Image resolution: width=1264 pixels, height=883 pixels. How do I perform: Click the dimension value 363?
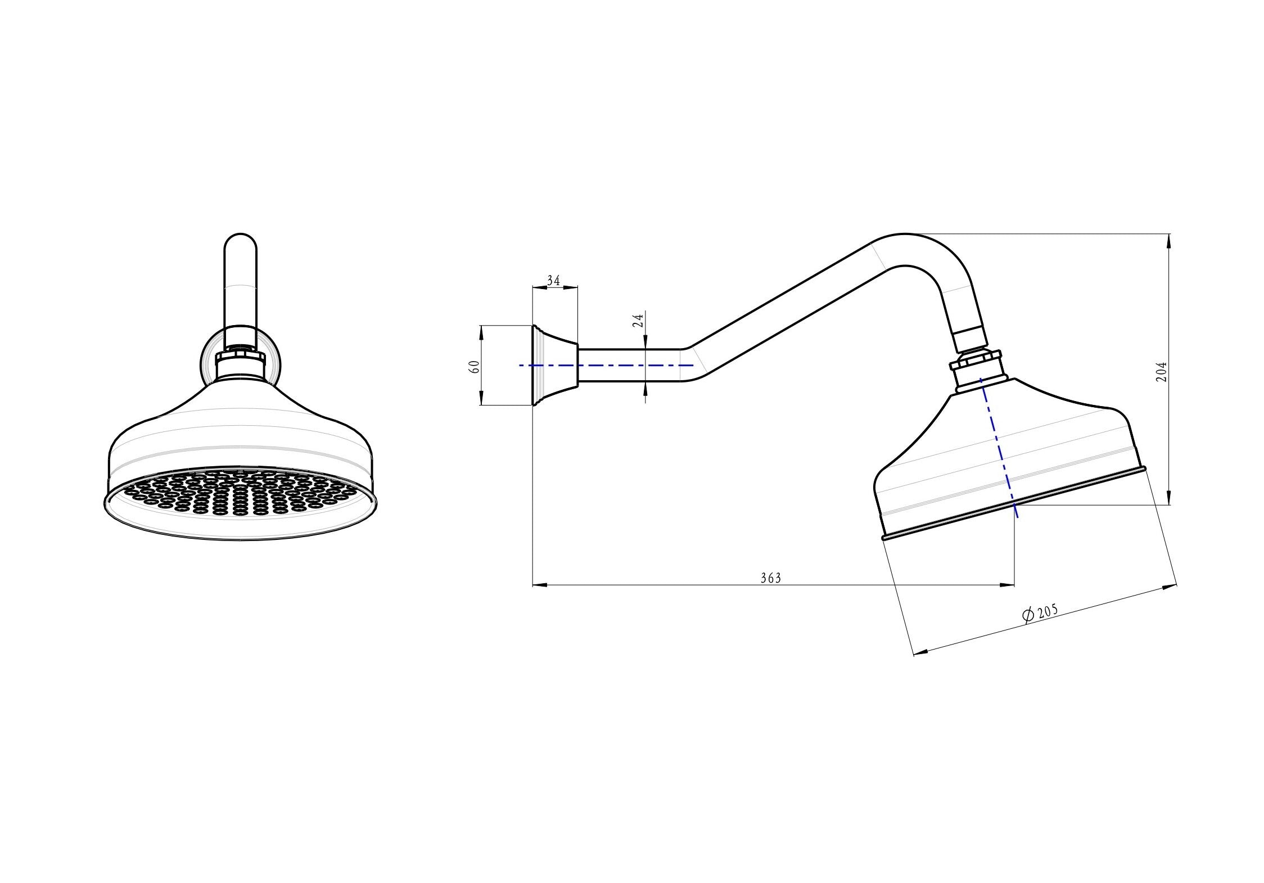point(770,578)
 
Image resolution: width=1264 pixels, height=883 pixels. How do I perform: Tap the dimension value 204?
point(1161,372)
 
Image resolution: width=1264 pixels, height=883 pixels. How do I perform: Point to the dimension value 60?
point(474,367)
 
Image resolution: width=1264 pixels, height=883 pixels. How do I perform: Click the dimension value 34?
point(553,281)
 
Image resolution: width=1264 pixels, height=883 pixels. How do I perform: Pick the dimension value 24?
point(638,321)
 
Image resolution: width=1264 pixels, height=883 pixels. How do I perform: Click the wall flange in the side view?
point(554,366)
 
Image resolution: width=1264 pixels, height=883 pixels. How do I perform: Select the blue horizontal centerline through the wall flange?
point(607,365)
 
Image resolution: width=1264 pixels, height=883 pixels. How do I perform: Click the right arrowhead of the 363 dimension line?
point(1009,585)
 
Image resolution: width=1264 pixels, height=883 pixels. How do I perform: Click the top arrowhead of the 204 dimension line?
point(1170,240)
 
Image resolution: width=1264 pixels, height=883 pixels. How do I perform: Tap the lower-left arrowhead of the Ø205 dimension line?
point(920,653)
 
